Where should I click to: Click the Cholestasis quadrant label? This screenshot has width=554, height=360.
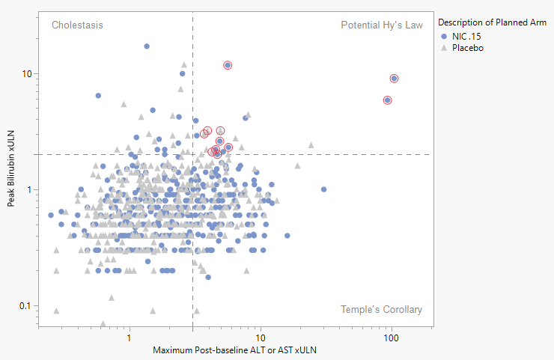(x=77, y=25)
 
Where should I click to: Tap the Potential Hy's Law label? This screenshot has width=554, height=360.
(x=381, y=25)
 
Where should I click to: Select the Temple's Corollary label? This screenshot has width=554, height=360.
(x=381, y=309)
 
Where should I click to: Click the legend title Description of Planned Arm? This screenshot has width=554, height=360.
(x=492, y=23)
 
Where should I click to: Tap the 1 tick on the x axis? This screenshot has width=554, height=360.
(x=130, y=338)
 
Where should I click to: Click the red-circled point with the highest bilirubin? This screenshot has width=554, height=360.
(x=228, y=65)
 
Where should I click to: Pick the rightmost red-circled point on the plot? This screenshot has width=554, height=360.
(x=394, y=78)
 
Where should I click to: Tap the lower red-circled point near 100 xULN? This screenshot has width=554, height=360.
(x=387, y=100)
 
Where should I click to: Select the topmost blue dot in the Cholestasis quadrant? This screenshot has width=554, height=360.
(x=147, y=46)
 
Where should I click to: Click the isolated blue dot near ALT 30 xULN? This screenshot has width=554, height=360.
(x=323, y=189)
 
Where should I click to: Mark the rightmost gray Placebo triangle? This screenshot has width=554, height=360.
(x=311, y=145)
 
